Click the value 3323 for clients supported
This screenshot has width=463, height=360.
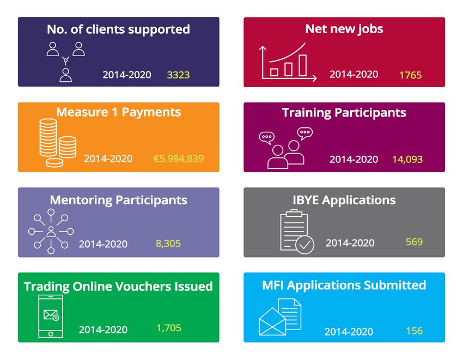click(x=178, y=75)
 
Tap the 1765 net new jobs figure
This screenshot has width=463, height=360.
click(x=411, y=75)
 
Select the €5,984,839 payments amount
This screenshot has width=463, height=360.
click(x=179, y=158)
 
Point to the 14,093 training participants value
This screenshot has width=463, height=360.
click(x=407, y=160)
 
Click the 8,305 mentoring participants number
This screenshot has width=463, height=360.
click(x=168, y=243)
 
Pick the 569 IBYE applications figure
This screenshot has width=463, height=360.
click(x=415, y=242)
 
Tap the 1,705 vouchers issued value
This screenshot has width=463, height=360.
click(x=169, y=328)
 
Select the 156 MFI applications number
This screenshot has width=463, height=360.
click(x=415, y=331)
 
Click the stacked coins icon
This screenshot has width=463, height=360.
click(x=58, y=142)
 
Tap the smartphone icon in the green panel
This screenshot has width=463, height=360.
click(x=51, y=316)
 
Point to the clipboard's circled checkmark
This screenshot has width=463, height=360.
click(x=304, y=245)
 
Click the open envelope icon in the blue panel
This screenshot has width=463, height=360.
click(x=272, y=322)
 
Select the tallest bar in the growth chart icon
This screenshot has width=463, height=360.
click(x=303, y=65)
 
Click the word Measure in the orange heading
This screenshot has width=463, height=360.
click(x=82, y=112)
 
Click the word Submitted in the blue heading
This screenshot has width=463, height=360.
click(x=395, y=285)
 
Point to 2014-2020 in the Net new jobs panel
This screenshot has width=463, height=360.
click(x=354, y=74)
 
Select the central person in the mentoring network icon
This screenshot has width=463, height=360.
click(x=51, y=231)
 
